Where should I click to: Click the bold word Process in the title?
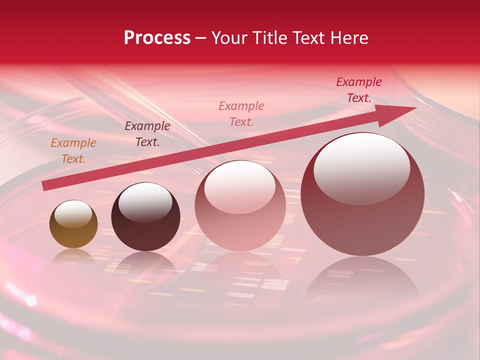pos(157,38)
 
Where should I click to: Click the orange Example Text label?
pos(73,151)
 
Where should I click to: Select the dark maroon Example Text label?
pos(147,134)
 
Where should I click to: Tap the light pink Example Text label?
pos(241,113)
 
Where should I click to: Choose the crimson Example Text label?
pos(359,90)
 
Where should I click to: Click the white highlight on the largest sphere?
pos(361,167)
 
